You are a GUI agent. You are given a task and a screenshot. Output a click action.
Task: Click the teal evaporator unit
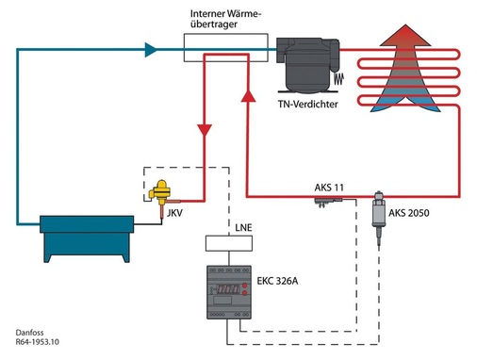point(86,237)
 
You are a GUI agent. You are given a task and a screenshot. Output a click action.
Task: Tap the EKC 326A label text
point(284,281)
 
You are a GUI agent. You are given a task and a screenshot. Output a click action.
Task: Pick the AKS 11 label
point(330,188)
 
